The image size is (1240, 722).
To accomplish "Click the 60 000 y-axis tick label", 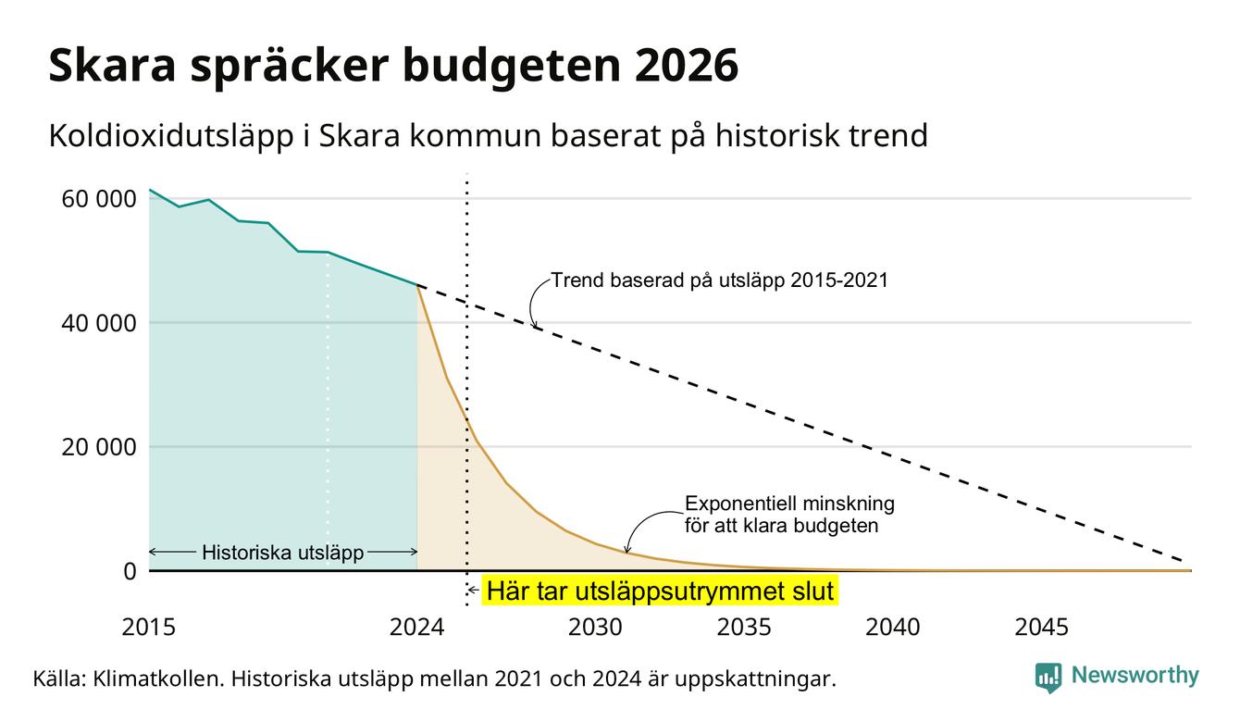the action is [98, 199].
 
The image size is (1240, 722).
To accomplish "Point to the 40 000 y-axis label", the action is [98, 323].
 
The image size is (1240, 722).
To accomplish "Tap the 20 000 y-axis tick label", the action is [98, 447].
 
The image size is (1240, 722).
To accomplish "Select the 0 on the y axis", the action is [130, 571].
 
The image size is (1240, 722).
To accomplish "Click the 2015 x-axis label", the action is [148, 627].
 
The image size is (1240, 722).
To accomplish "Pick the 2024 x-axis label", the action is [416, 627].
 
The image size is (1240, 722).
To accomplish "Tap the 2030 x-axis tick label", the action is [596, 627].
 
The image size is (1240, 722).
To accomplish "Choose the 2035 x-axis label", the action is [744, 627].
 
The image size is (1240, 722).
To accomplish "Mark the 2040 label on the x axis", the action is [893, 627].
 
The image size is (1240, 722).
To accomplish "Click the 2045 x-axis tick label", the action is [1041, 627].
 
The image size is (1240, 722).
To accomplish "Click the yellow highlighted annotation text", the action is [660, 591].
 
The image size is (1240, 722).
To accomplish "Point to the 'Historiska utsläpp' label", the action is [282, 552].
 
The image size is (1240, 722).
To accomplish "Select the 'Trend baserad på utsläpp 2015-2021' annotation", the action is [719, 280].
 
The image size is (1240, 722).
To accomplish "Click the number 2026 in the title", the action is [686, 66].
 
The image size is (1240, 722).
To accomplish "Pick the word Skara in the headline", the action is [112, 66].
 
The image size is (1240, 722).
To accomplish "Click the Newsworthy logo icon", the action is [1048, 678].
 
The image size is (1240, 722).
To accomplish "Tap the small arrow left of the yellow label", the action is [473, 591].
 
